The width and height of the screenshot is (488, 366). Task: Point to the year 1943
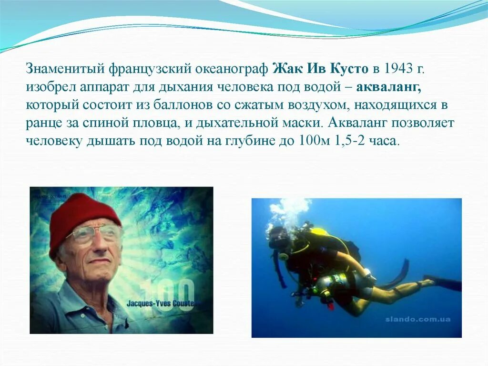coord(397,69)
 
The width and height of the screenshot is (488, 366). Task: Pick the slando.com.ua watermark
coord(417,319)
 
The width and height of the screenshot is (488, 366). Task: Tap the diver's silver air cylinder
coord(334,285)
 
